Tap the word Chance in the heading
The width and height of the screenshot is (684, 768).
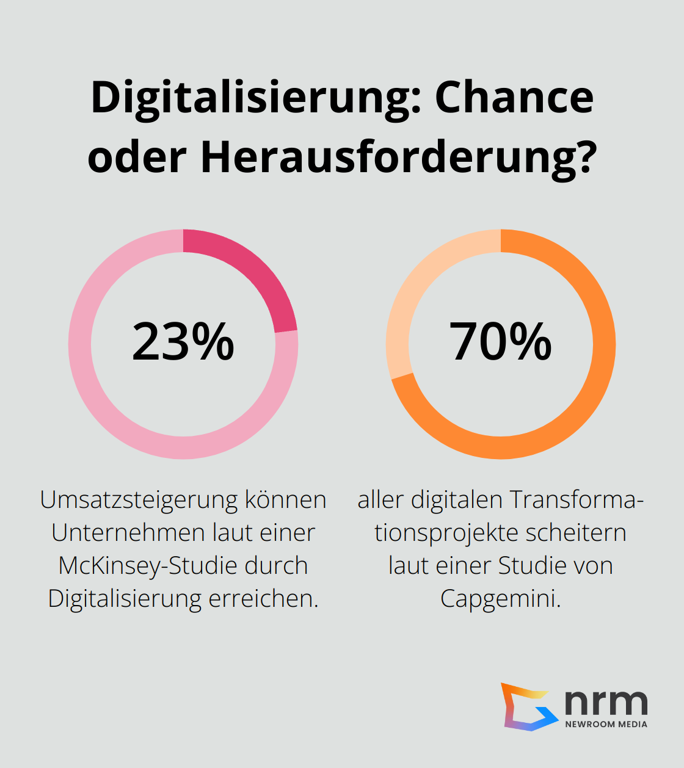514,98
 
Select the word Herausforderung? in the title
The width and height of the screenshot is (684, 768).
398,157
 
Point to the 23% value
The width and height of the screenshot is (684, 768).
183,342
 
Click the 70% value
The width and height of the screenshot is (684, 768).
501,342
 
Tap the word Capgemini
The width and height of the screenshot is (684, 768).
500,599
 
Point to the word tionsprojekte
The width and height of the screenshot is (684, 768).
446,533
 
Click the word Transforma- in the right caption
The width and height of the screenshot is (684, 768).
577,500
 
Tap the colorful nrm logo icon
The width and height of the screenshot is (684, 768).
529,707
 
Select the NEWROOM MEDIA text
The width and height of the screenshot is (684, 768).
606,725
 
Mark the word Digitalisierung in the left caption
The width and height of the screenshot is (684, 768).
125,599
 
